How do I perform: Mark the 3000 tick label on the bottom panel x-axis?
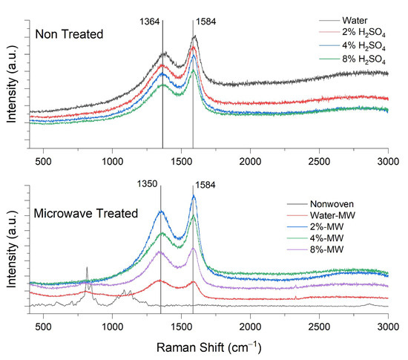click(x=389, y=325)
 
